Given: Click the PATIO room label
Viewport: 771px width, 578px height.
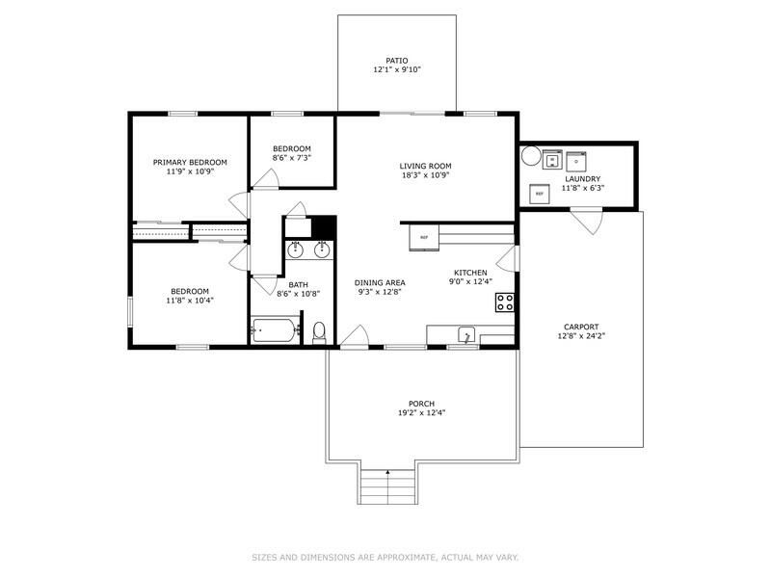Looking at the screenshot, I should point(397,60).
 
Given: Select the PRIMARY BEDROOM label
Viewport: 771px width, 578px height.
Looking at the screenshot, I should point(190,162).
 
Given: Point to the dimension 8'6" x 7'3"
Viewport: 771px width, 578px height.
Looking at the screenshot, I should point(291,157).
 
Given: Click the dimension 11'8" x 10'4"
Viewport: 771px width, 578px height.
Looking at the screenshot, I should point(190,301).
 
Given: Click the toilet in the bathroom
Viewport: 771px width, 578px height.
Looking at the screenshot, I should point(320,333).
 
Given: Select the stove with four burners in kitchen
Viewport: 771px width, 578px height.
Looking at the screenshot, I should point(505,302).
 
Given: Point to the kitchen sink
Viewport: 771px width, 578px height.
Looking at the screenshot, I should point(466,336).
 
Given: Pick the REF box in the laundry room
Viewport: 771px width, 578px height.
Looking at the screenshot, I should point(540,195).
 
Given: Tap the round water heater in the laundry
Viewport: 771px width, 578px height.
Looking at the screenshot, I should point(530,155).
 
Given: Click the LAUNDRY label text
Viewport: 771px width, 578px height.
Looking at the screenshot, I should point(583,178).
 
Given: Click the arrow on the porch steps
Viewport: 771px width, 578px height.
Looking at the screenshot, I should point(388,472).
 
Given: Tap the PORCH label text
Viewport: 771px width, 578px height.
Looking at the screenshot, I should point(421,403).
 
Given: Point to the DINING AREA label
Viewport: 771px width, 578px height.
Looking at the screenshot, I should point(380,282).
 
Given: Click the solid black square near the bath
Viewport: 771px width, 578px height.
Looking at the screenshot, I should point(323,226).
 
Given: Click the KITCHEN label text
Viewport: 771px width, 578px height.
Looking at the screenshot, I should point(470,272).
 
